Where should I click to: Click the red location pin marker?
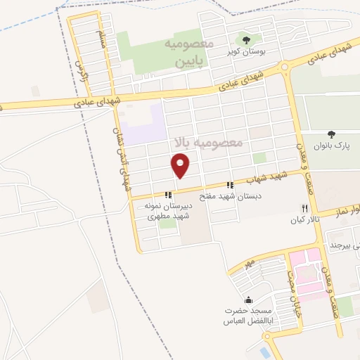coord(181,166)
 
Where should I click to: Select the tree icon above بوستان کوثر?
coord(245,40)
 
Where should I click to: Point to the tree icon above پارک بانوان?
coord(331,134)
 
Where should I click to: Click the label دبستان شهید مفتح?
coord(230,197)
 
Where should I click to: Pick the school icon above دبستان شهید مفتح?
coord(229,186)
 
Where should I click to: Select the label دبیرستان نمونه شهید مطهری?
coord(167,211)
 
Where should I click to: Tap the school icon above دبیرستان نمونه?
coord(167,195)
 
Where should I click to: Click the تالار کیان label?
coord(306,220)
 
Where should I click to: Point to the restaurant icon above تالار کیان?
coord(304,209)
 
